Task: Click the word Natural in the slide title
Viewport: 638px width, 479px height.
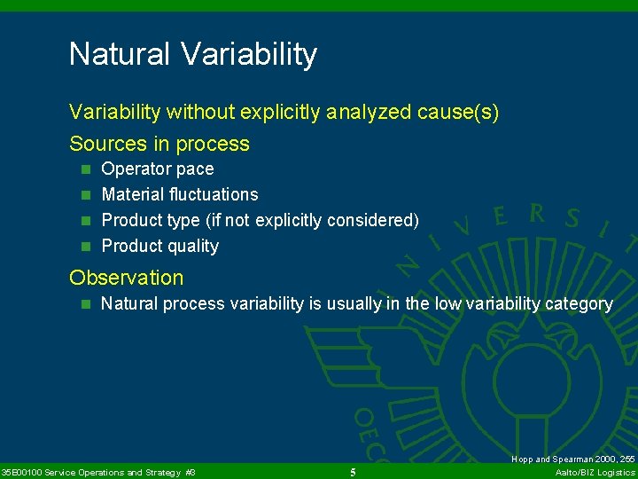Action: click(120, 55)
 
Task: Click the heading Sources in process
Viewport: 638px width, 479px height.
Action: click(159, 144)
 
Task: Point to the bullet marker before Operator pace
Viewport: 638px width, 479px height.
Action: click(85, 169)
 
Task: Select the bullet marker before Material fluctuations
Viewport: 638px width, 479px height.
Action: click(85, 195)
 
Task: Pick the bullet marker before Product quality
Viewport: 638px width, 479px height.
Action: click(85, 247)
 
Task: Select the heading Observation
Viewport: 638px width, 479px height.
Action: click(127, 278)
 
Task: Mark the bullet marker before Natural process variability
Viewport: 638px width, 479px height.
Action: click(85, 304)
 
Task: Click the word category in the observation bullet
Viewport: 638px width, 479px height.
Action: click(579, 303)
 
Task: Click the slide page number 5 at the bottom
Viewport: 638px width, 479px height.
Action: click(353, 472)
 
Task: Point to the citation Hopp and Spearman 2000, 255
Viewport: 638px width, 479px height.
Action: click(573, 459)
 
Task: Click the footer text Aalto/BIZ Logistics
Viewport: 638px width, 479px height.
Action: click(595, 472)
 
